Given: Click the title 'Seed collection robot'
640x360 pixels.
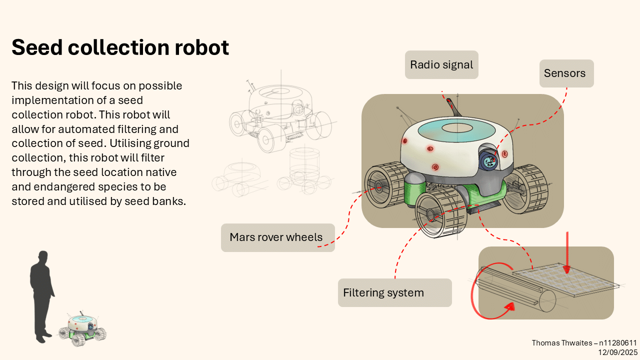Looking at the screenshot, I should pyautogui.click(x=120, y=47).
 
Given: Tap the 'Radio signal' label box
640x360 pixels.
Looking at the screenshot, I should pyautogui.click(x=441, y=65).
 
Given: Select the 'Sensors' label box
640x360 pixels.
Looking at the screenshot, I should pyautogui.click(x=566, y=73).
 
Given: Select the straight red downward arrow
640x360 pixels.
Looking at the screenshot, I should pyautogui.click(x=567, y=253).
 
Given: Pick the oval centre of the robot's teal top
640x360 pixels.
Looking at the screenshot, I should pyautogui.click(x=457, y=128).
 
